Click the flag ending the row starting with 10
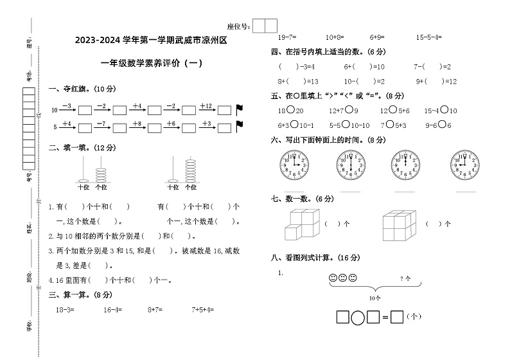pos(240,109)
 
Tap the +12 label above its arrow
pos(206,105)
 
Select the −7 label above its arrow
pos(101,122)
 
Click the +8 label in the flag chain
pos(136,122)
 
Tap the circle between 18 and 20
pos(290,111)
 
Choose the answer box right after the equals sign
pos(397,316)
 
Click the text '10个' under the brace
pos(374,298)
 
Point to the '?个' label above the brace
pos(405,278)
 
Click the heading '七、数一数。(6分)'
pos(302,199)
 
